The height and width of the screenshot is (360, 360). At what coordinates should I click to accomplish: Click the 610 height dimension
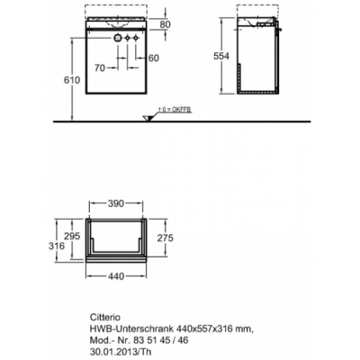[72, 80]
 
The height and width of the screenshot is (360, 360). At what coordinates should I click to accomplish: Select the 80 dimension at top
[165, 24]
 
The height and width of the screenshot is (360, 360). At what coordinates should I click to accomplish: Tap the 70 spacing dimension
[100, 68]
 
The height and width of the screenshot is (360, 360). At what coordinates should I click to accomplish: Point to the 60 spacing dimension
[154, 58]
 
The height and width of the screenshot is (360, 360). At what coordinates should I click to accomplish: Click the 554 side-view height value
[221, 56]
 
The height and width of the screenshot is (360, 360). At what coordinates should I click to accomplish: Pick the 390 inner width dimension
[115, 203]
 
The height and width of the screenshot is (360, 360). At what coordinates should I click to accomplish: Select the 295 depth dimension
[72, 236]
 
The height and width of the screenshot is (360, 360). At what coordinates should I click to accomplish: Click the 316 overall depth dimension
[57, 246]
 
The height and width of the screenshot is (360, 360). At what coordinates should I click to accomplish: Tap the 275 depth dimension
[165, 238]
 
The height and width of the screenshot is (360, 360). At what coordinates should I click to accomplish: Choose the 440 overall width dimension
[115, 276]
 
